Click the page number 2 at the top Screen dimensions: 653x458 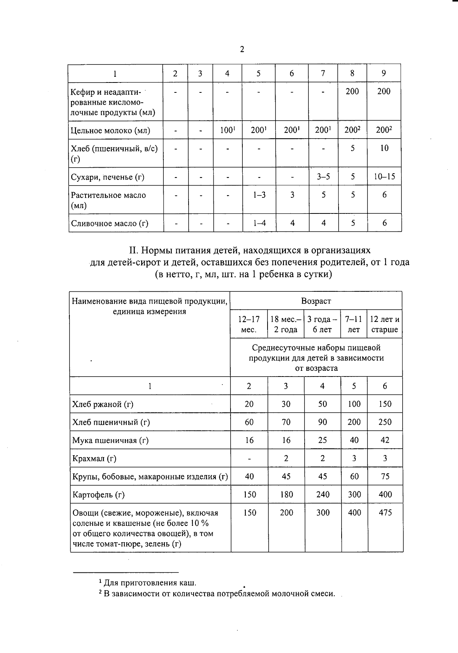[x=242, y=49]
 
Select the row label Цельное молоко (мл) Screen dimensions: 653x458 [x=110, y=131]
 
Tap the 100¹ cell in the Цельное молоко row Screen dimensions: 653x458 [x=227, y=130]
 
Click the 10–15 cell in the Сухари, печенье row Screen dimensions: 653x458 [x=384, y=176]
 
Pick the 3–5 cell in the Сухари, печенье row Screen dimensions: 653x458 [x=323, y=176]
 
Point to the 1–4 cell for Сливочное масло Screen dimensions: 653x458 [x=260, y=223]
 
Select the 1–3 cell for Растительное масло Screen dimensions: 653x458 [x=259, y=195]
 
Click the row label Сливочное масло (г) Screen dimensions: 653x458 [x=110, y=223]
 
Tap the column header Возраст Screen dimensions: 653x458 [x=316, y=301]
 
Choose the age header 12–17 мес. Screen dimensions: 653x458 [x=249, y=324]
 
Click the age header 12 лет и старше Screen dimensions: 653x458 [x=385, y=324]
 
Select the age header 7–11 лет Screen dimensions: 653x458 [x=354, y=324]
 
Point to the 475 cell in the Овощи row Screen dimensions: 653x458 [x=385, y=512]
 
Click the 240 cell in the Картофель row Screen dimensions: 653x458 [x=323, y=495]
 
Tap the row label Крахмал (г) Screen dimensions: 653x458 [x=94, y=459]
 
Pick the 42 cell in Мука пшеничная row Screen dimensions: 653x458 [x=385, y=440]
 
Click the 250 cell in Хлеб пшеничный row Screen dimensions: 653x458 [x=385, y=422]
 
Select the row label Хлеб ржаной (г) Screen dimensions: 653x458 [x=103, y=404]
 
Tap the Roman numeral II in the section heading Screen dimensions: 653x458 [x=133, y=251]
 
